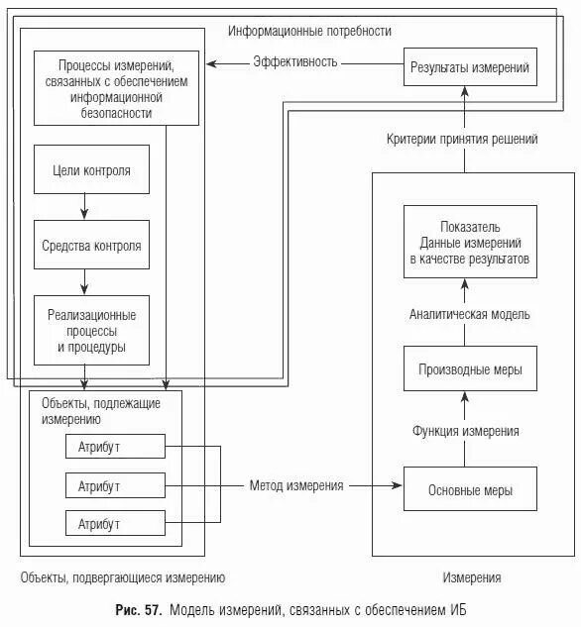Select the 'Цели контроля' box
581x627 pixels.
(x=91, y=170)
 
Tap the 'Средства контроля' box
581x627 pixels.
(x=91, y=245)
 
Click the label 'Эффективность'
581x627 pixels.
(x=295, y=61)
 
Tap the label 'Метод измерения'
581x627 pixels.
(x=296, y=485)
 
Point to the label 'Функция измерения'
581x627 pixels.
(x=465, y=431)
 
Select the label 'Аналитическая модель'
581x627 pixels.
(x=469, y=313)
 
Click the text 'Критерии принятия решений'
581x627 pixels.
(x=462, y=140)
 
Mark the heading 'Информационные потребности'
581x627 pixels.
(x=309, y=32)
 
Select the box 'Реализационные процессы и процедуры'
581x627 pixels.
(x=91, y=331)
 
